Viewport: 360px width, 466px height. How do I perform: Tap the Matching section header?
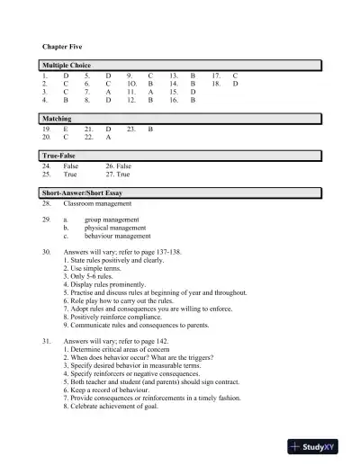pyautogui.click(x=58, y=119)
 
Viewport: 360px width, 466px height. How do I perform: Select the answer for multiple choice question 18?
pyautogui.click(x=236, y=85)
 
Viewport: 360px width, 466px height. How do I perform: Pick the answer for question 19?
pyautogui.click(x=66, y=130)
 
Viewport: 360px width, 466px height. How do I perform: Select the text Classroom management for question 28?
pyautogui.click(x=97, y=204)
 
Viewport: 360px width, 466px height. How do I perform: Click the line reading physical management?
pyautogui.click(x=114, y=229)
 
